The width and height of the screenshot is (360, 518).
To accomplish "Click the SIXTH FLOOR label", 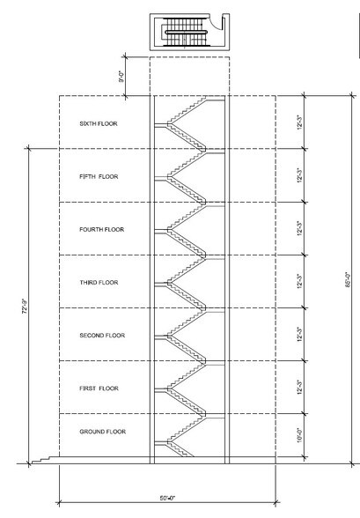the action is (99, 123).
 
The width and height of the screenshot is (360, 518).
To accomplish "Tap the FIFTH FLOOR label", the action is (99, 176).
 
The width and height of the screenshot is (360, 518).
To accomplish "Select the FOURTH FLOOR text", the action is (101, 229).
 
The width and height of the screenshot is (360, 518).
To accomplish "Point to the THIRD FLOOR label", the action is (99, 283).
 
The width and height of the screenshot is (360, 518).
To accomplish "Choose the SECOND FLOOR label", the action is (102, 336).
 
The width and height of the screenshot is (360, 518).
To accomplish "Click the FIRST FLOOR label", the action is (99, 388).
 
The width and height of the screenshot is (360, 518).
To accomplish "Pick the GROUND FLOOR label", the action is (103, 432).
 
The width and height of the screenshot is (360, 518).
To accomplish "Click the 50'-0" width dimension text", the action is (168, 499).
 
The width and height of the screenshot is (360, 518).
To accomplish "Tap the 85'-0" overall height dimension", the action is (349, 279).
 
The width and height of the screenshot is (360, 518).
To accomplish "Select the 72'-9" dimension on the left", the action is (25, 307).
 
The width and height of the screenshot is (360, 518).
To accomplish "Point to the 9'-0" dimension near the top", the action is (121, 76).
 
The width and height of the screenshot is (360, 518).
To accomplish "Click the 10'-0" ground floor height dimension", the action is (299, 435).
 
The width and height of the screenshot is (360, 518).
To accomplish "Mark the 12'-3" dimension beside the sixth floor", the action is (299, 122).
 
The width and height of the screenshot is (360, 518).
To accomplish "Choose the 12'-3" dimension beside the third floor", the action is (299, 281).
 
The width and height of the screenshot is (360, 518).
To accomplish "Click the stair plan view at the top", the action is (190, 32).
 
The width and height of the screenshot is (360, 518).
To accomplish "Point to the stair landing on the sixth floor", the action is (161, 124).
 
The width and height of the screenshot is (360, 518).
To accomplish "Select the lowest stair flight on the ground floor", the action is (180, 449).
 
